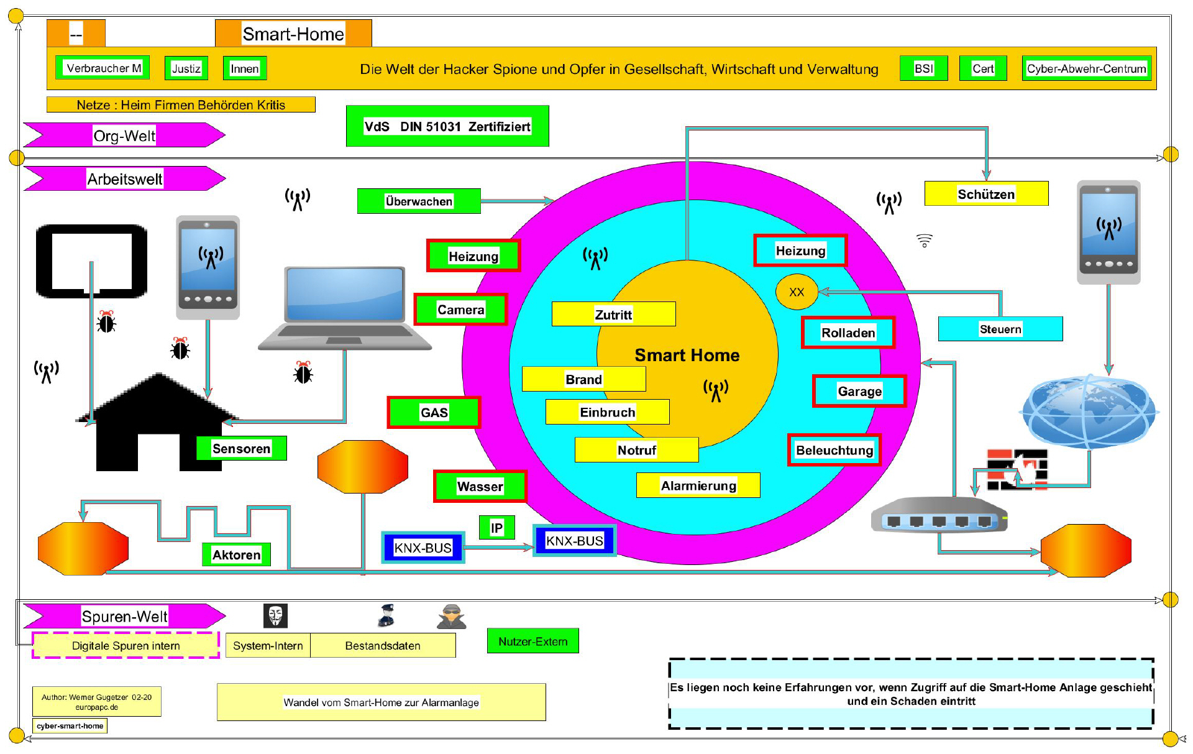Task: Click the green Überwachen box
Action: pos(419,201)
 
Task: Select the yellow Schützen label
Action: pos(986,194)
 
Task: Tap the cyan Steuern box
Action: pos(1000,329)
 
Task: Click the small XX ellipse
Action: pos(797,292)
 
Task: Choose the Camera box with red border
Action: pos(460,310)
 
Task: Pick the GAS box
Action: pos(434,412)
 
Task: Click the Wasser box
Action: pos(480,486)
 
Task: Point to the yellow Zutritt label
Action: pos(613,315)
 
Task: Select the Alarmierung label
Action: pos(698,485)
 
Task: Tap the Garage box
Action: pos(859,391)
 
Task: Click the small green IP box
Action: pos(496,528)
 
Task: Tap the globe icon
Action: pos(1089,411)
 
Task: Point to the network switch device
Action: pos(939,515)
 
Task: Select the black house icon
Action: pos(158,423)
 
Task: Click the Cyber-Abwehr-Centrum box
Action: pos(1086,68)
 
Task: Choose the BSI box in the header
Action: pos(923,68)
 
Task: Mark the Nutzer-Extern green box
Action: pos(533,641)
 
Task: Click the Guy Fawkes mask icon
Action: pos(275,616)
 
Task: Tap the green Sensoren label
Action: pos(241,448)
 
